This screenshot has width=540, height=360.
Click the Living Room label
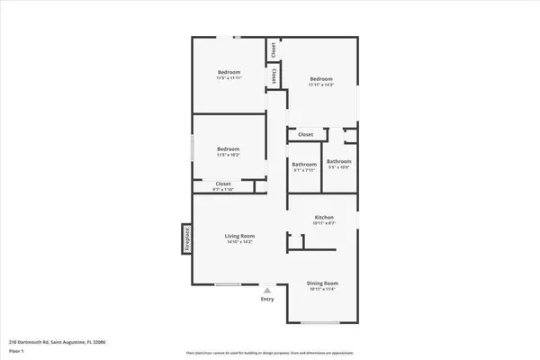pyautogui.click(x=239, y=236)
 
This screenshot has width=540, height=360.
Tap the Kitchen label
pyautogui.click(x=324, y=218)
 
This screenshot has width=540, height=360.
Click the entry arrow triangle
pyautogui.click(x=266, y=291)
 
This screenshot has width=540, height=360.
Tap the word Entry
pyautogui.click(x=267, y=300)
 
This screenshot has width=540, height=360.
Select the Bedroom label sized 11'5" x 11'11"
pyautogui.click(x=229, y=72)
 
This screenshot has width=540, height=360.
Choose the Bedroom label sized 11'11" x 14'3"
pyautogui.click(x=322, y=78)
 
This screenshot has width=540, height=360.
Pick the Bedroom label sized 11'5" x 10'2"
pyautogui.click(x=229, y=148)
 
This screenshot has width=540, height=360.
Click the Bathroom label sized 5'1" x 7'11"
pyautogui.click(x=304, y=165)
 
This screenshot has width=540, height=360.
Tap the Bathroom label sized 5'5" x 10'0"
pyautogui.click(x=338, y=161)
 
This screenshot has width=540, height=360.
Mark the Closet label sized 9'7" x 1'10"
pyautogui.click(x=222, y=184)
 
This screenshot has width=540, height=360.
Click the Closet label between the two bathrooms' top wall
pyautogui.click(x=306, y=135)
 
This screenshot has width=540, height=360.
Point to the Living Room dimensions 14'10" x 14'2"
pyautogui.click(x=239, y=242)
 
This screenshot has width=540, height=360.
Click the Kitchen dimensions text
pyautogui.click(x=324, y=224)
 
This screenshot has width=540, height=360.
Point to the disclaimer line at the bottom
pyautogui.click(x=270, y=352)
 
